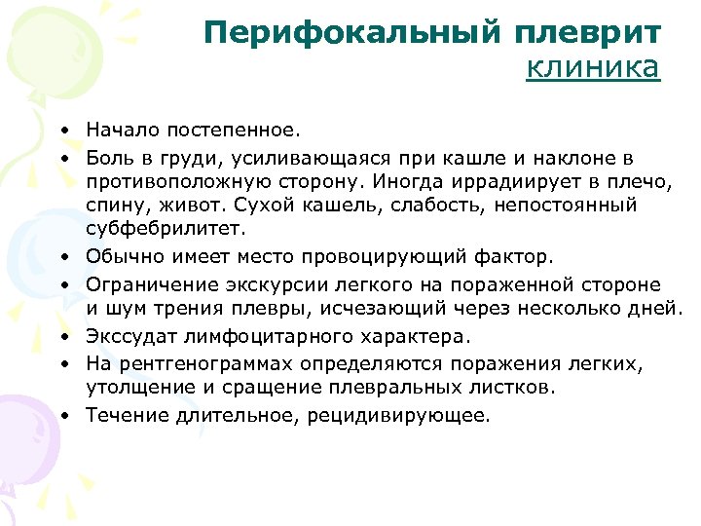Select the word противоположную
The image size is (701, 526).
(x=168, y=180)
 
